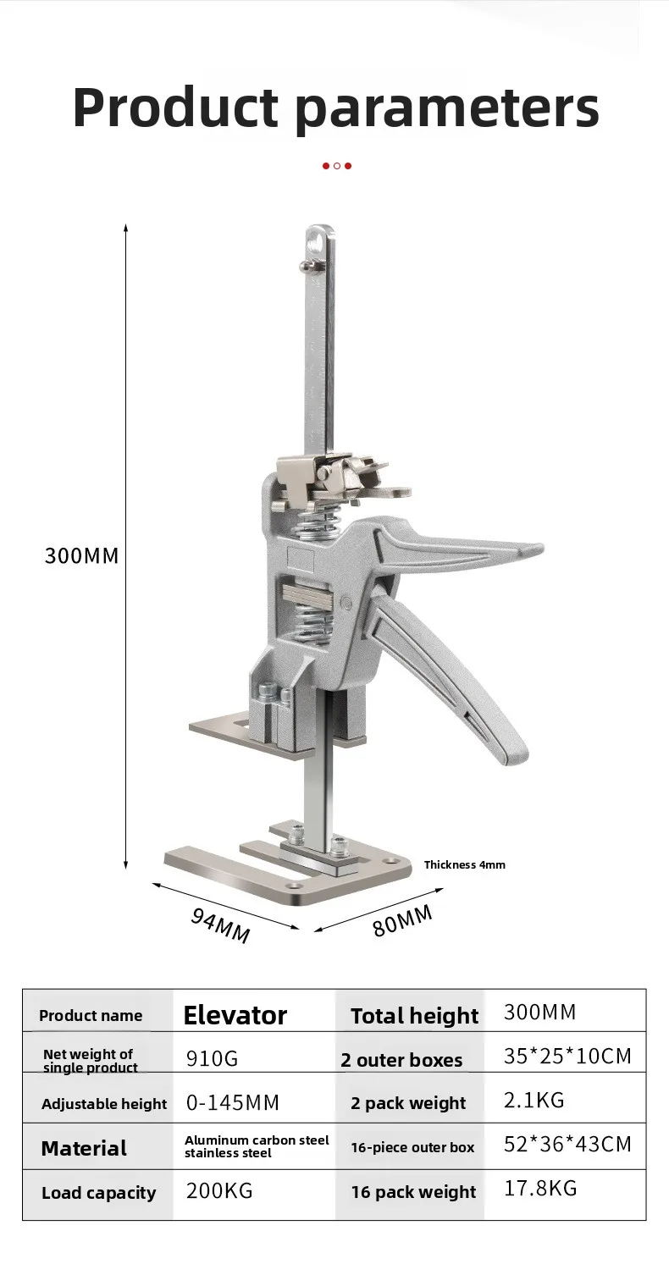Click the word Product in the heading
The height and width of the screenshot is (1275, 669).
(x=175, y=107)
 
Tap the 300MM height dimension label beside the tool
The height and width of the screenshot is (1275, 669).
(x=81, y=556)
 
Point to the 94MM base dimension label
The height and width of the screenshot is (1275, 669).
(x=220, y=925)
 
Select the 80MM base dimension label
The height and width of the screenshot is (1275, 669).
(x=402, y=919)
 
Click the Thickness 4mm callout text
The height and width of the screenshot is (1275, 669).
(x=464, y=864)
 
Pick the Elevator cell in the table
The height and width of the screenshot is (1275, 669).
(x=235, y=1015)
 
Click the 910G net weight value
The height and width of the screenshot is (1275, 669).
(x=212, y=1058)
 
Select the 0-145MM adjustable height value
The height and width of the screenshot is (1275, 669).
(x=232, y=1103)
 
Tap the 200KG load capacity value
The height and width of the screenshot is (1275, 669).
(x=218, y=1191)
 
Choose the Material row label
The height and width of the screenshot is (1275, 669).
(x=84, y=1148)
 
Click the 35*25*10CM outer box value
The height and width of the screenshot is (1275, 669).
(x=567, y=1057)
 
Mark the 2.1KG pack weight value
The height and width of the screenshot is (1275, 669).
(x=534, y=1101)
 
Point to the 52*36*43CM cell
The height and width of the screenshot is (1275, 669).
(x=567, y=1145)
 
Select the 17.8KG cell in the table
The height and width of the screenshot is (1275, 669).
(x=540, y=1188)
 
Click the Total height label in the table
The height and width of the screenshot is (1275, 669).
(x=414, y=1016)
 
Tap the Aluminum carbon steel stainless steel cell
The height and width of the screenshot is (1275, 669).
(x=257, y=1146)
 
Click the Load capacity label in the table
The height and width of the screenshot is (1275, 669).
(x=98, y=1193)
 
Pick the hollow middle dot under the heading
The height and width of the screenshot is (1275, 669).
(x=336, y=166)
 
